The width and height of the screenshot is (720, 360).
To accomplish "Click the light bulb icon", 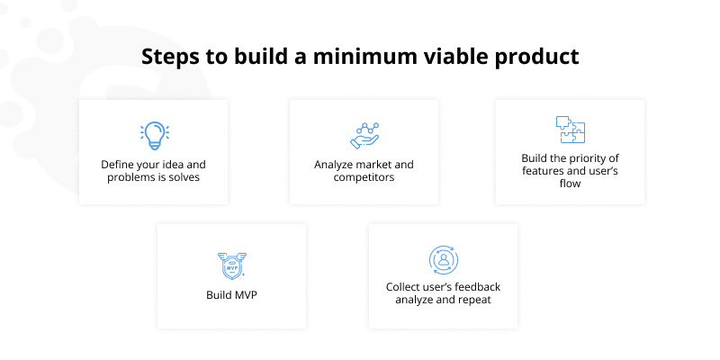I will pyautogui.click(x=154, y=135).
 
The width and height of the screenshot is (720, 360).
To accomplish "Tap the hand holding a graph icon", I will pyautogui.click(x=364, y=135).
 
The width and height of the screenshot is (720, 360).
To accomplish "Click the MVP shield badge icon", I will pyautogui.click(x=231, y=265).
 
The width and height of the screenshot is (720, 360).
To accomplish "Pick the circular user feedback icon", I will pyautogui.click(x=443, y=260).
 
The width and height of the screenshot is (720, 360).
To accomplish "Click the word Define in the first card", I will pyautogui.click(x=119, y=165).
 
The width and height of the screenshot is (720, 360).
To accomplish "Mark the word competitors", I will pyautogui.click(x=363, y=177).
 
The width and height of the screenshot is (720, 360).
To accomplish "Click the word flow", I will pyautogui.click(x=570, y=184).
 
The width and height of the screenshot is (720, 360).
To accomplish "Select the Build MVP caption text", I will pyautogui.click(x=231, y=294).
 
